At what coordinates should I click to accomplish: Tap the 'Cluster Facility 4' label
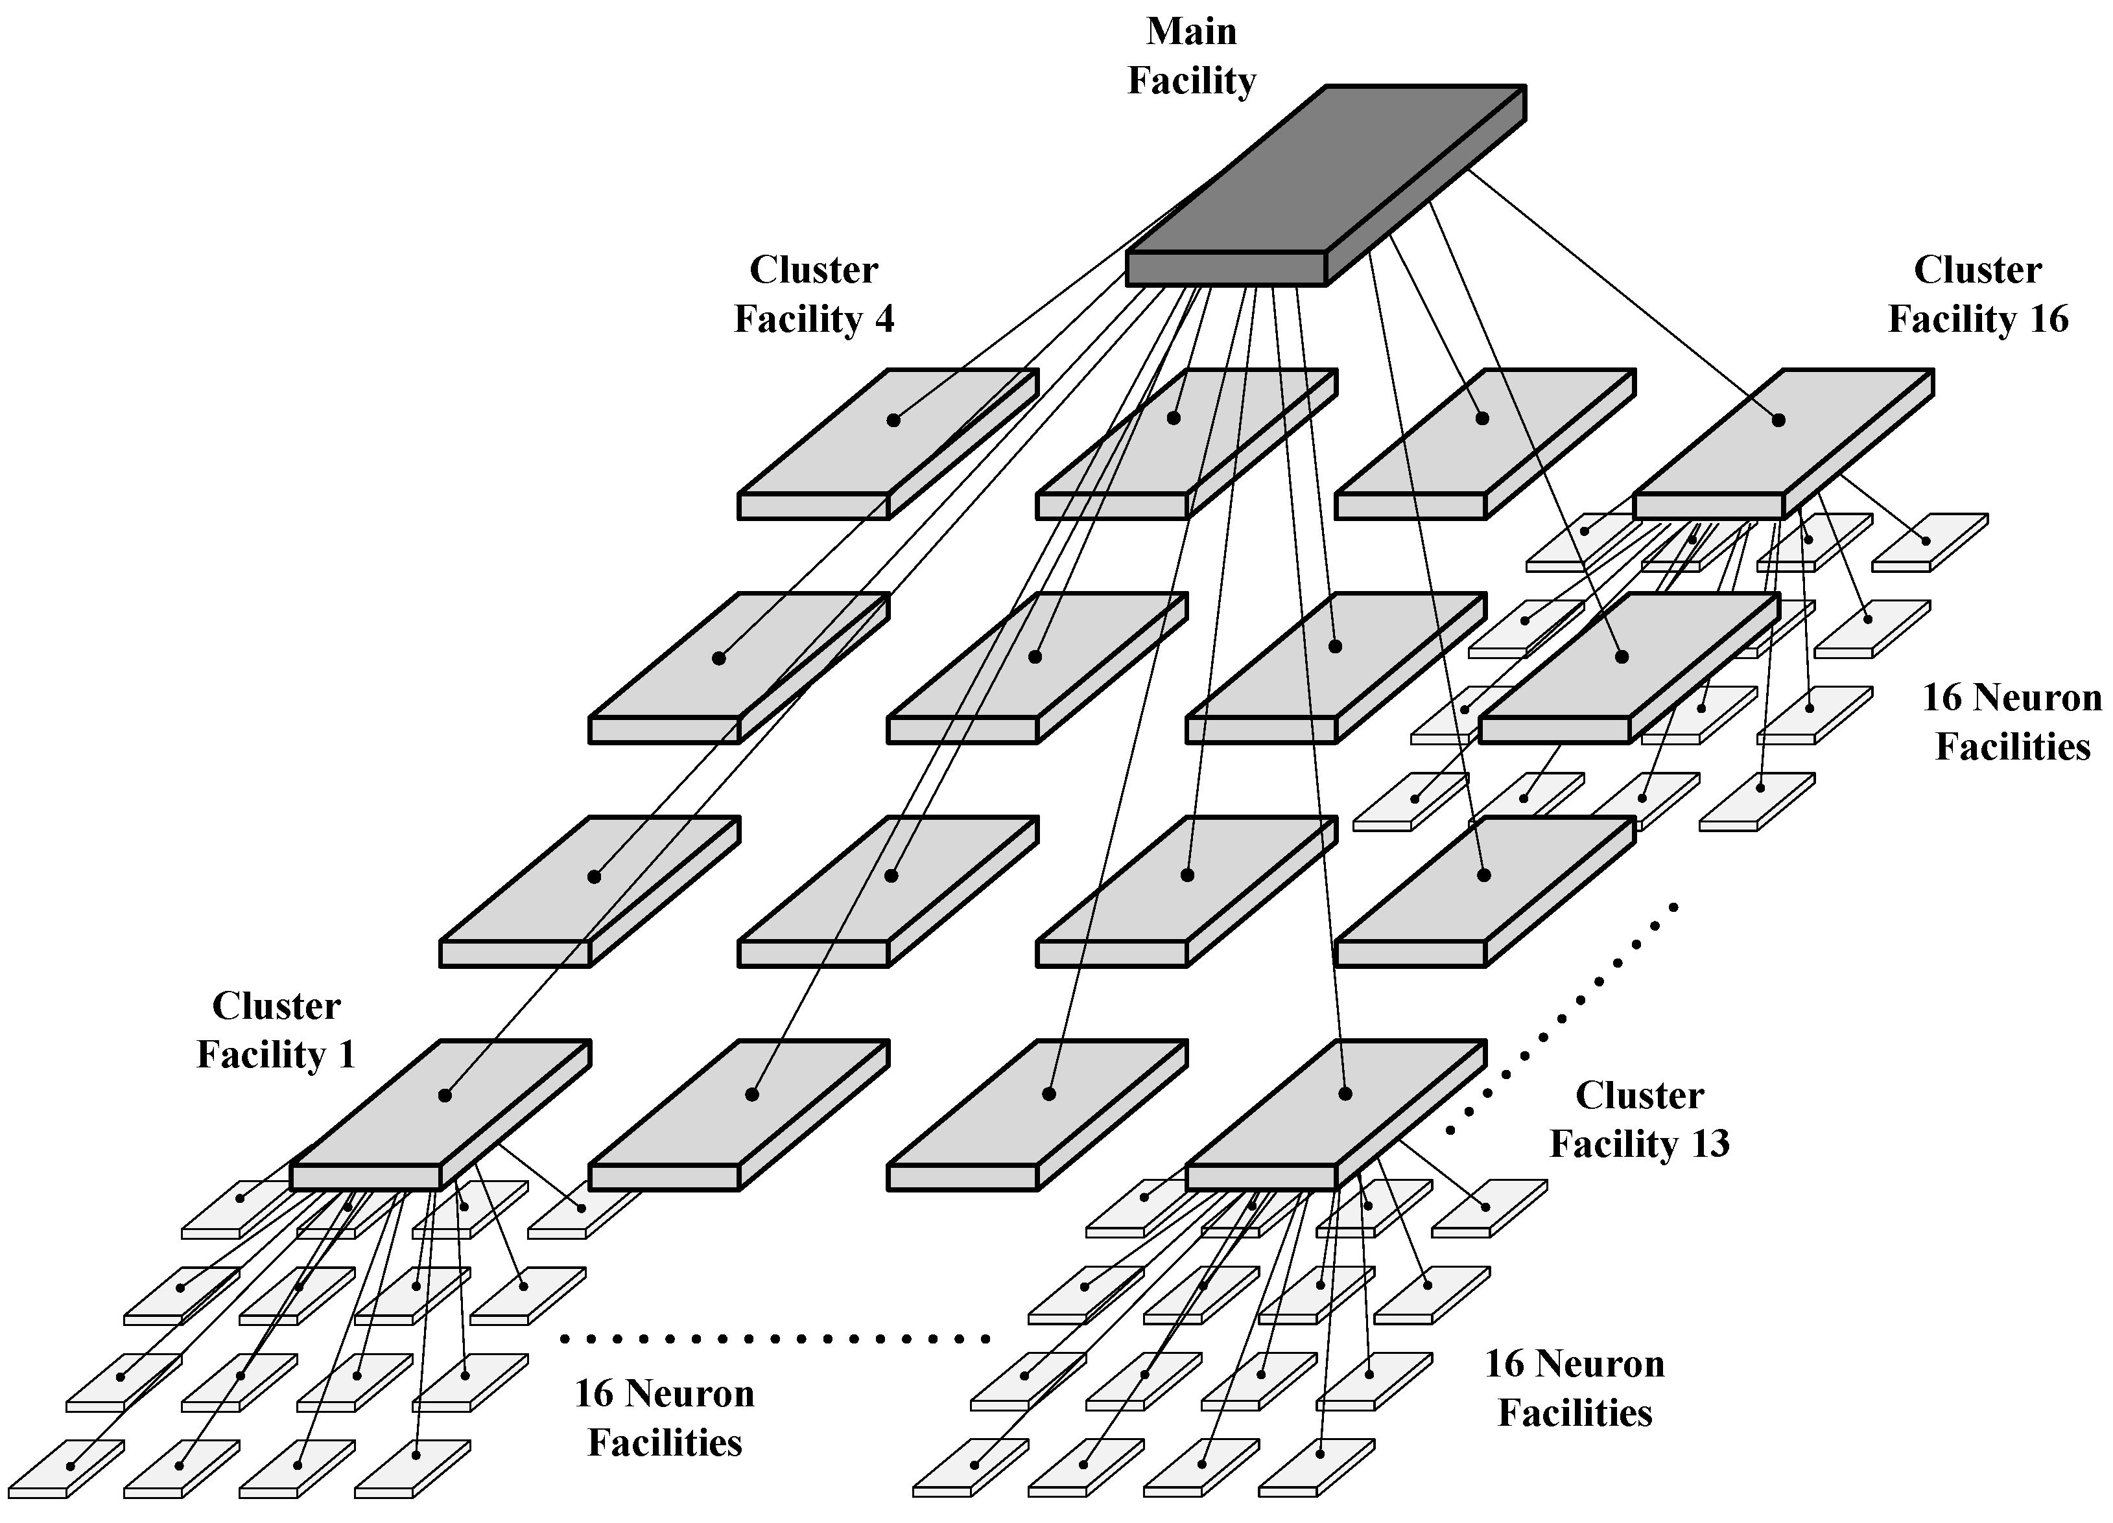[813, 294]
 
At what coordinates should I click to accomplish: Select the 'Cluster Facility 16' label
[1977, 294]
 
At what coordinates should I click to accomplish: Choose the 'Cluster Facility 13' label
[1639, 1119]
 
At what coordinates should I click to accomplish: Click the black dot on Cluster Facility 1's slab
[444, 1095]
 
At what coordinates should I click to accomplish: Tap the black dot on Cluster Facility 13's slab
[1345, 1093]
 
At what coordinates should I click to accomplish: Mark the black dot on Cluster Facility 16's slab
[1778, 420]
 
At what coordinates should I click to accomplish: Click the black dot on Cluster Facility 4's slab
[893, 420]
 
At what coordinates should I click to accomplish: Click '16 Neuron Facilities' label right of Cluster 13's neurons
[1574, 1388]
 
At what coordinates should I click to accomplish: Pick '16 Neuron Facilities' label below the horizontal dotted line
[665, 1418]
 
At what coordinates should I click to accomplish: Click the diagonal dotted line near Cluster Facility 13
[1565, 1016]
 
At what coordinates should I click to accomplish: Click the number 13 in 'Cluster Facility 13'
[1710, 1144]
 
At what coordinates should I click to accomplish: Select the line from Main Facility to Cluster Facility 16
[1621, 294]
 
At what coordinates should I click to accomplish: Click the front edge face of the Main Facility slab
[1225, 268]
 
